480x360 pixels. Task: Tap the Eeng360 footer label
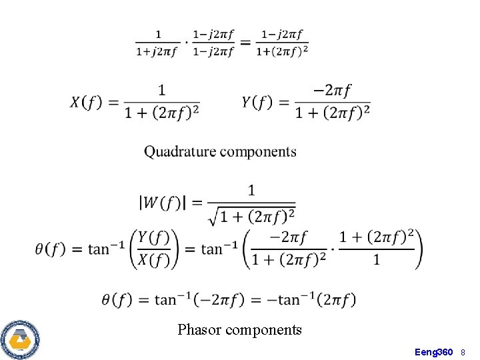(433, 351)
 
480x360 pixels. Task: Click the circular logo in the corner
(20, 339)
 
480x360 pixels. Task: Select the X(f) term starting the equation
(86, 102)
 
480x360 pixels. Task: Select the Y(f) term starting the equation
(257, 102)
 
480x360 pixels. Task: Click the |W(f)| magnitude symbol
(159, 203)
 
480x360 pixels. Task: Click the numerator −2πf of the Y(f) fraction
(333, 89)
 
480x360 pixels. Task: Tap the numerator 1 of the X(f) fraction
(162, 89)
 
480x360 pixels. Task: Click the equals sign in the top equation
(245, 43)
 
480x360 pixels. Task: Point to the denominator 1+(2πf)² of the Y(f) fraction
(333, 113)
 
